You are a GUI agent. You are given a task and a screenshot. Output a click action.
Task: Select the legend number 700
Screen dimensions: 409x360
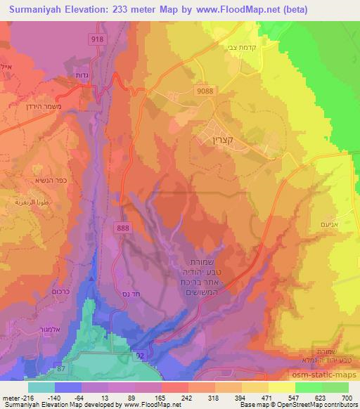click(x=347, y=397)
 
